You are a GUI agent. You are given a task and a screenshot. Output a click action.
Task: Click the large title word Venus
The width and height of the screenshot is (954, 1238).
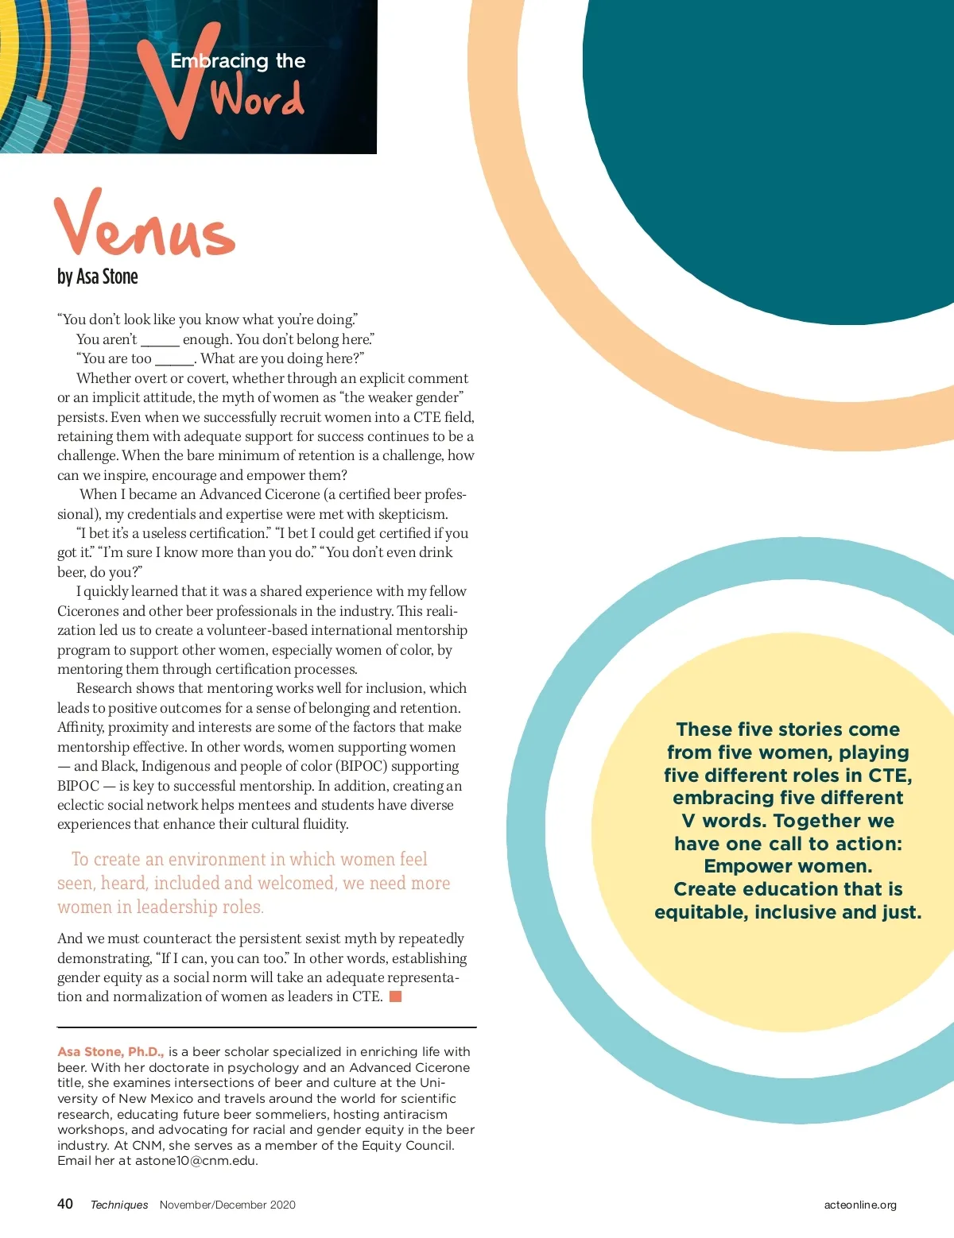(145, 225)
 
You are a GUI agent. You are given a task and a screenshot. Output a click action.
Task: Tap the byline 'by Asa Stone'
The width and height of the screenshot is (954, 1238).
(97, 277)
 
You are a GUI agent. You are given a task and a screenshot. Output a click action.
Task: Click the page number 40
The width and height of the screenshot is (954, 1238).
(65, 1204)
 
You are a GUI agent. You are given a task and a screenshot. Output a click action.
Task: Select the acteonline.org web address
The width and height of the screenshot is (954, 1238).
(860, 1205)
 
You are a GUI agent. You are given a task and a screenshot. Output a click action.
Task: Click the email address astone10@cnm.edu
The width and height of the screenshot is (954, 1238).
(196, 1161)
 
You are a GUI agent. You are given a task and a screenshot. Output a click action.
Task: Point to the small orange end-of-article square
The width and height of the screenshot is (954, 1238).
(395, 996)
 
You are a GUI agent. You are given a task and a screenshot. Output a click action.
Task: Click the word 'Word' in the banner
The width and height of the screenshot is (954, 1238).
(257, 99)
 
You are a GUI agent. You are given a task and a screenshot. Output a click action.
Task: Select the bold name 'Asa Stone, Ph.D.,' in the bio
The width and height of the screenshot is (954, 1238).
(111, 1052)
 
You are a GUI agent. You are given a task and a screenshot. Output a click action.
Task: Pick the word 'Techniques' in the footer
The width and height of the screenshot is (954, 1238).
(119, 1205)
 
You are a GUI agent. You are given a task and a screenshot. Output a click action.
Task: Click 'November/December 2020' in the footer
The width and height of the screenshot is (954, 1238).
(227, 1205)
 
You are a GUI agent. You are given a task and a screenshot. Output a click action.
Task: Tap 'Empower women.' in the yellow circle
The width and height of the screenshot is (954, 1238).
(788, 866)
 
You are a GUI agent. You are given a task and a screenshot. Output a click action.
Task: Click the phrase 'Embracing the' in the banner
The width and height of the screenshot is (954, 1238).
(238, 61)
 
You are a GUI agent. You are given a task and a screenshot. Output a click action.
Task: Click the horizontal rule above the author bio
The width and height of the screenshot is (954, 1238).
(266, 1027)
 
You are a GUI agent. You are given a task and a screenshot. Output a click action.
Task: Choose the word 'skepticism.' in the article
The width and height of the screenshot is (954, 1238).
(413, 514)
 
